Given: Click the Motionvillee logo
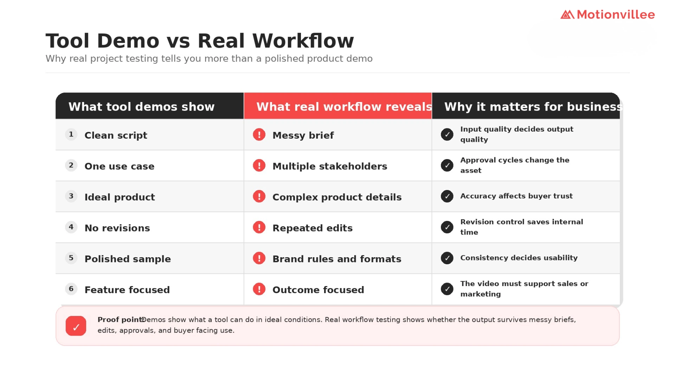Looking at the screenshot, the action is [x=607, y=14].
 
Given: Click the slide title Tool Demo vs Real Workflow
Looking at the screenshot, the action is [x=200, y=40].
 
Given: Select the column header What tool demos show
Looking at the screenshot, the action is [x=141, y=107].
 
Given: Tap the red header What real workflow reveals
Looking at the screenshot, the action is [x=344, y=107].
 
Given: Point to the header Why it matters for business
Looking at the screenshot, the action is [x=533, y=107].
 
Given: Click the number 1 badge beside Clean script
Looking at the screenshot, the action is [x=71, y=134].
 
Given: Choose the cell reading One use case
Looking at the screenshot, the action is [x=120, y=166].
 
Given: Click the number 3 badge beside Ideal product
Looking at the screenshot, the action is [x=71, y=196].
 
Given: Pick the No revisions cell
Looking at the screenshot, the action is [x=117, y=228].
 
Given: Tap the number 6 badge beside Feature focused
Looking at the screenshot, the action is [x=71, y=289].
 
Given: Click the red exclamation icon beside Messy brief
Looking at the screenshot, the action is [x=259, y=134].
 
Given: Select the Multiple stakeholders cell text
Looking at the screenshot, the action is [x=330, y=166].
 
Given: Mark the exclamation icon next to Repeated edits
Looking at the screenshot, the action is [x=259, y=227].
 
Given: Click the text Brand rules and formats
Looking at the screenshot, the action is [x=337, y=259].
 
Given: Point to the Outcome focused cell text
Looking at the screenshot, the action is [x=318, y=290].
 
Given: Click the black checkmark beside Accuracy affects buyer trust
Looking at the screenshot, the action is [x=447, y=196].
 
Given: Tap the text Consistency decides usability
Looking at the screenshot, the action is [x=519, y=258].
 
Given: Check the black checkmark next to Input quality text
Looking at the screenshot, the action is [x=447, y=134].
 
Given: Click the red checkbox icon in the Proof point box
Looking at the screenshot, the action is [x=76, y=326].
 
